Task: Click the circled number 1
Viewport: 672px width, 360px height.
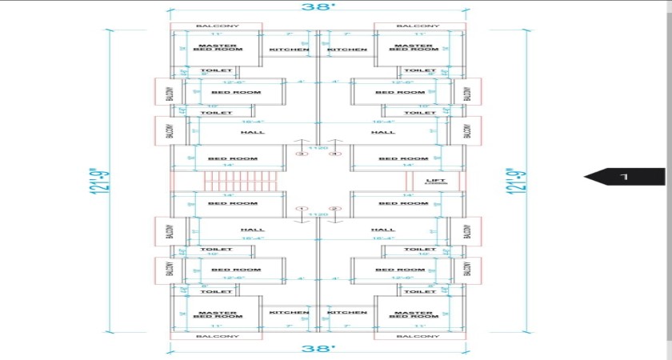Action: (302, 209)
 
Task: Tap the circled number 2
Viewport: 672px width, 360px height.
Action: (335, 209)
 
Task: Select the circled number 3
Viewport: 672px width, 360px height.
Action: (302, 154)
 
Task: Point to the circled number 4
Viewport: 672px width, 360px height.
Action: (335, 154)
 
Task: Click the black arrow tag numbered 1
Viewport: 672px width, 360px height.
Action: (625, 176)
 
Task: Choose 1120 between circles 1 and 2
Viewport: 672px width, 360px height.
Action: (318, 214)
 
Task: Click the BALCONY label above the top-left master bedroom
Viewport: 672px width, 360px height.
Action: (216, 26)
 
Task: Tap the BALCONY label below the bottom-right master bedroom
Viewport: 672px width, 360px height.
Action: (418, 337)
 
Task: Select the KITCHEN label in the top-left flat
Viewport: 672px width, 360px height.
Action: (289, 50)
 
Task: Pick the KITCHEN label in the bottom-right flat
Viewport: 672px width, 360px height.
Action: (347, 312)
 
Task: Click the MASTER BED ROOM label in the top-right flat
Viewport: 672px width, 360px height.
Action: (414, 48)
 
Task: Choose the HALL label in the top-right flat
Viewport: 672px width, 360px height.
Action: (383, 132)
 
